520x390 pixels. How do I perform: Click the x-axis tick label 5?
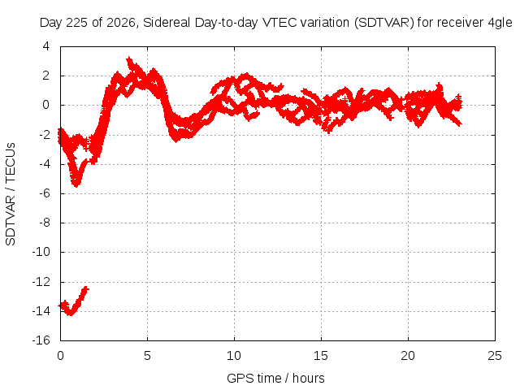click(x=147, y=356)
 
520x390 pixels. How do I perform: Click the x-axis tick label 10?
click(x=234, y=356)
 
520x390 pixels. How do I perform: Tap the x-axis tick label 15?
click(x=321, y=356)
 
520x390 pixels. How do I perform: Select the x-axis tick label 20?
click(x=408, y=356)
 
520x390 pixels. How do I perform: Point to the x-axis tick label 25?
click(x=495, y=356)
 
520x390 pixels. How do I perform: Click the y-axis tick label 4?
click(x=45, y=46)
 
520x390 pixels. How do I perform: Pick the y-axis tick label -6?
click(x=45, y=193)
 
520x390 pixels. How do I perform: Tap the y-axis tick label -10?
click(x=41, y=252)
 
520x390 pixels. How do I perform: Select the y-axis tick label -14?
click(x=41, y=311)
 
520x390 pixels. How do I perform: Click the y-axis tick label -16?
click(x=41, y=340)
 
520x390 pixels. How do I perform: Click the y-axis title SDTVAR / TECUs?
click(x=11, y=194)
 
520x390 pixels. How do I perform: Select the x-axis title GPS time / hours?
click(x=275, y=378)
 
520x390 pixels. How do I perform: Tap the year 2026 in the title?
click(x=121, y=23)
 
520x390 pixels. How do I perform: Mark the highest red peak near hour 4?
click(x=129, y=59)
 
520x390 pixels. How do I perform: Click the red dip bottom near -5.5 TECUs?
click(x=76, y=184)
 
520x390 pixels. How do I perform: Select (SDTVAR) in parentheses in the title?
click(x=384, y=23)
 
